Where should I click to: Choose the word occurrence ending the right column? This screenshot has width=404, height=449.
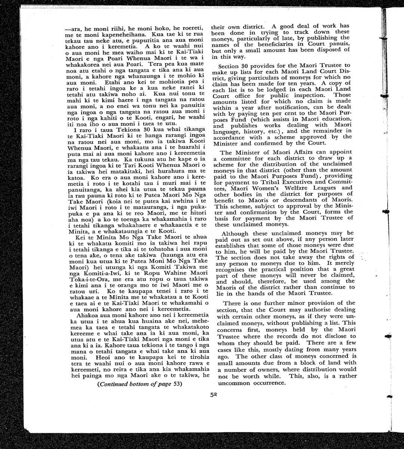269,384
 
